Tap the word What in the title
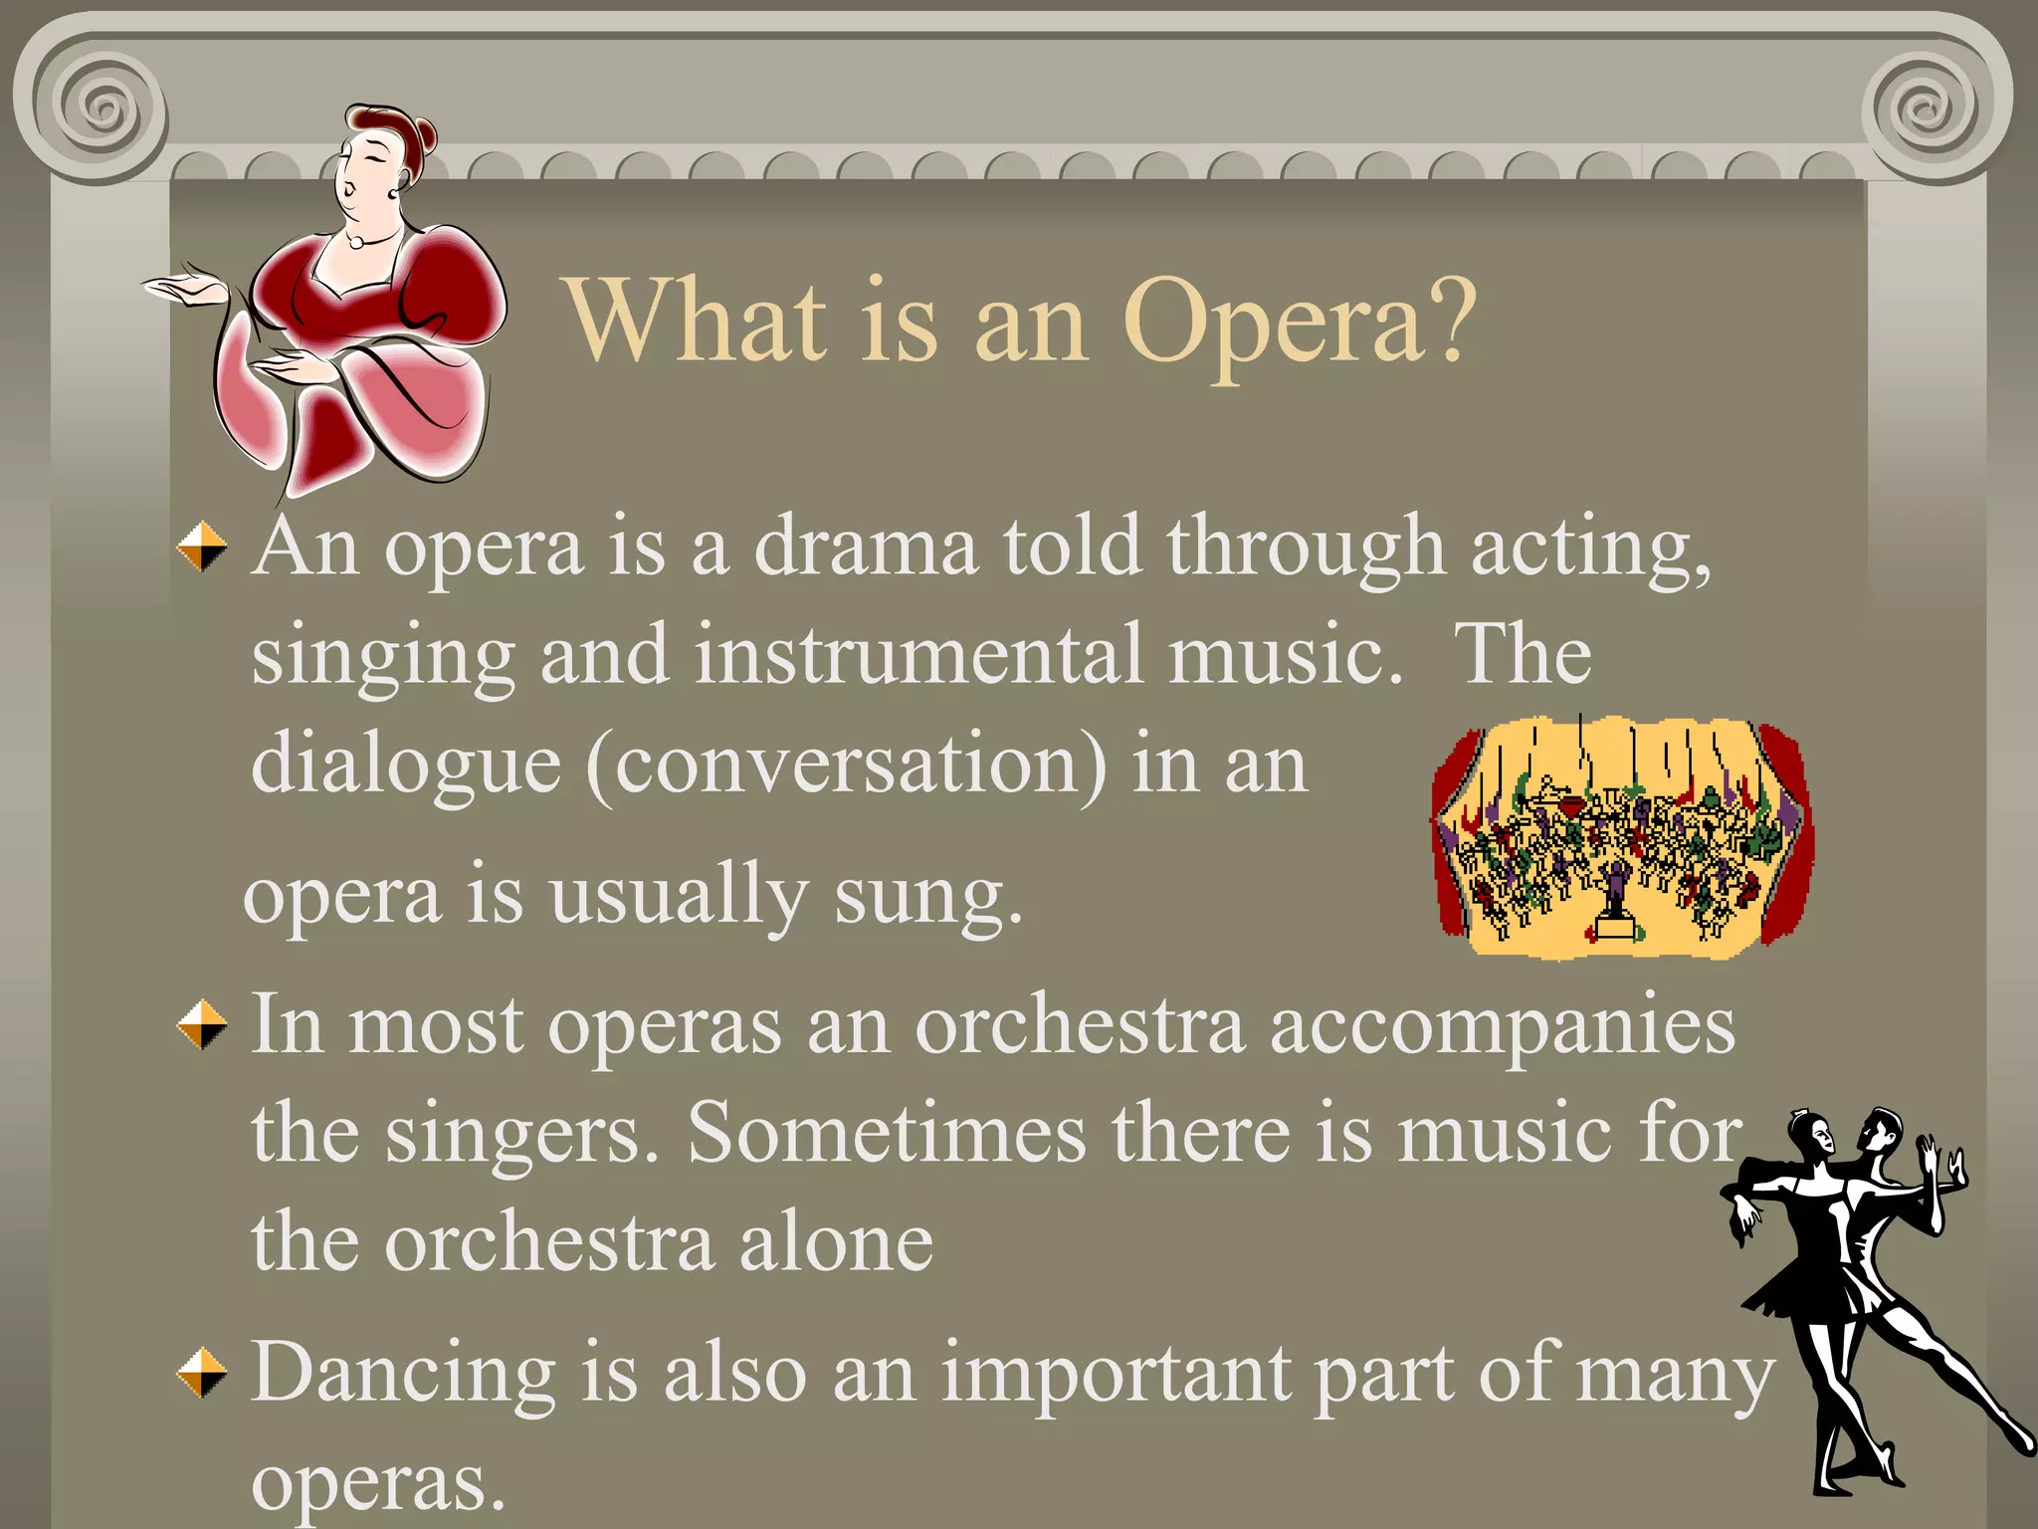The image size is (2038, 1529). (697, 321)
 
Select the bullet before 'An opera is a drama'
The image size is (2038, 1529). (202, 546)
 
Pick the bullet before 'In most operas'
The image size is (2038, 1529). (202, 1024)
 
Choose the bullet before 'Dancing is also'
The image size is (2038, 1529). (202, 1373)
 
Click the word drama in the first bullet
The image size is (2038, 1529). (865, 546)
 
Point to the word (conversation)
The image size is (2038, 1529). (846, 764)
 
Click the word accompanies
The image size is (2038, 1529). (1503, 1025)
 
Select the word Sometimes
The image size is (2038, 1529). (886, 1134)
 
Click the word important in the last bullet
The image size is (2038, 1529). (1115, 1374)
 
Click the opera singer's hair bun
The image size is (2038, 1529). (424, 133)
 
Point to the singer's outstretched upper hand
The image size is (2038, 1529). (184, 288)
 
